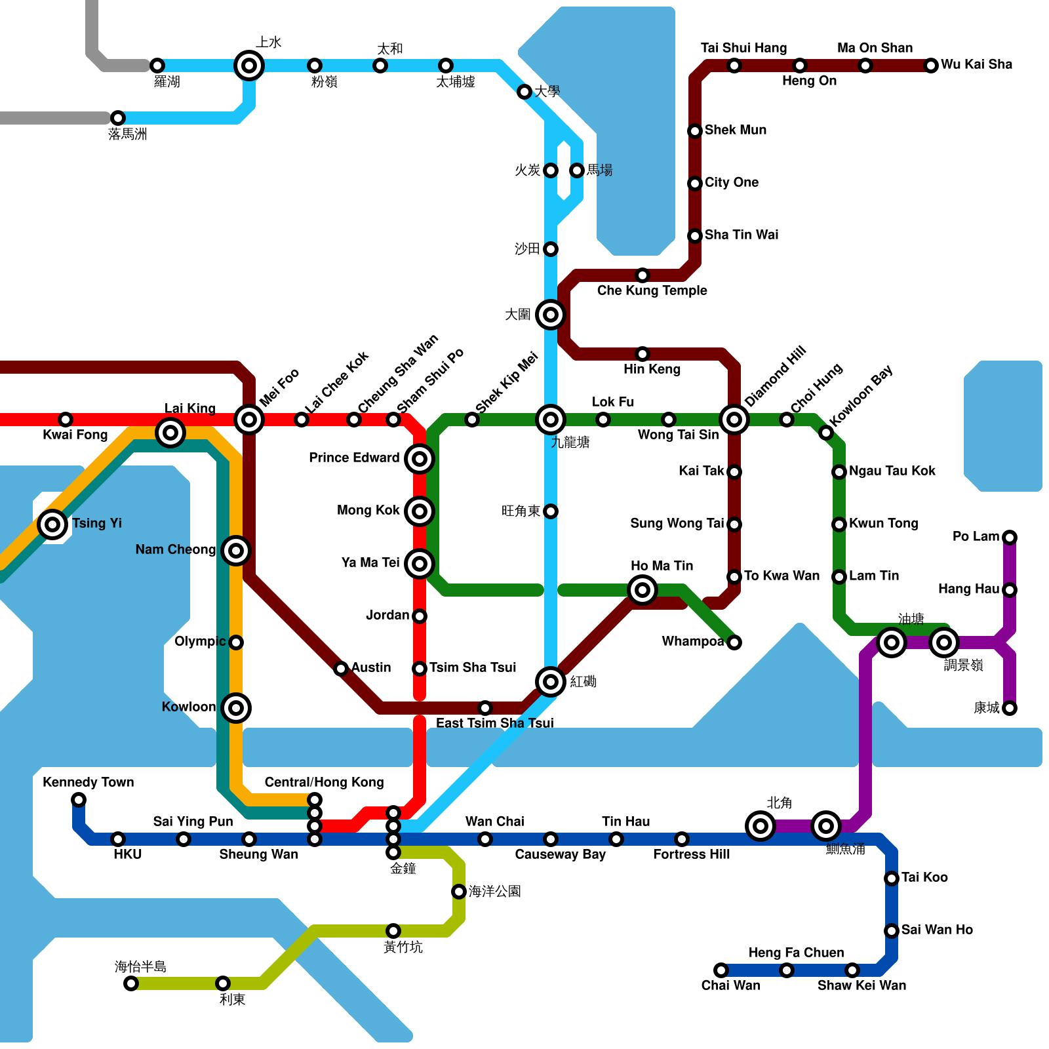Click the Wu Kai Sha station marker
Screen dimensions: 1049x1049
tap(931, 66)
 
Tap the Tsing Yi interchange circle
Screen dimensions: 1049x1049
tap(52, 524)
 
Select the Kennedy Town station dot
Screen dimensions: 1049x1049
tap(79, 800)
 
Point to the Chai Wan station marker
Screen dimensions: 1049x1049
tap(721, 970)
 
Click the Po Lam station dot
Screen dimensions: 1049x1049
tap(1010, 538)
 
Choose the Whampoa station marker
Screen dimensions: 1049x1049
tap(734, 643)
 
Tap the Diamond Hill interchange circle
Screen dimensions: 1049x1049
tap(734, 420)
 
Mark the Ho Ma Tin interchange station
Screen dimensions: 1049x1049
tap(643, 590)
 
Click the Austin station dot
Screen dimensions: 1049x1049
tap(341, 669)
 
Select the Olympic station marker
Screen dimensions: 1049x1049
tap(236, 643)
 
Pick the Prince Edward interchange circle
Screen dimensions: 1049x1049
tap(420, 459)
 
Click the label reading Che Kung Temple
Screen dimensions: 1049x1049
tap(652, 290)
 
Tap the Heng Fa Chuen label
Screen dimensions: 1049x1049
tap(796, 953)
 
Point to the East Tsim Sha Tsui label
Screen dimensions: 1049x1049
tap(494, 723)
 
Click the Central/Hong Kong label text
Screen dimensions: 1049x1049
tap(324, 782)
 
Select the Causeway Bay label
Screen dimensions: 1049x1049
tap(560, 854)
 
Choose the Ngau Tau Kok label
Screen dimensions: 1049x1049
tap(892, 471)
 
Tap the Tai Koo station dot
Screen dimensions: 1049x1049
tap(892, 879)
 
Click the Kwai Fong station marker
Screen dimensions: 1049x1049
tap(66, 420)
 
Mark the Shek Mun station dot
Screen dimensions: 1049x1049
tap(695, 131)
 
